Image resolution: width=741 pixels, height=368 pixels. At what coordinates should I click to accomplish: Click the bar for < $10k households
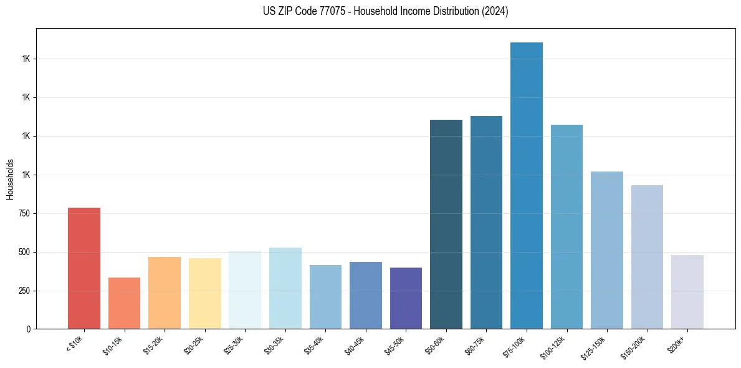pyautogui.click(x=84, y=268)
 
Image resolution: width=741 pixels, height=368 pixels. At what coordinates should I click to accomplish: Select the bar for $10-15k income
pyautogui.click(x=124, y=303)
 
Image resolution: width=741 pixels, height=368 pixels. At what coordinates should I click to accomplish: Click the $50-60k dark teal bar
pyautogui.click(x=446, y=225)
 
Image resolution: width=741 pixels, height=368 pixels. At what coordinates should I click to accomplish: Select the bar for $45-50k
pyautogui.click(x=406, y=298)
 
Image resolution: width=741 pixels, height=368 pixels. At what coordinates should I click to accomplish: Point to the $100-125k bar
pyautogui.click(x=567, y=227)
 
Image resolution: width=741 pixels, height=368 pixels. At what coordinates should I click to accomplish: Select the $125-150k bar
pyautogui.click(x=607, y=250)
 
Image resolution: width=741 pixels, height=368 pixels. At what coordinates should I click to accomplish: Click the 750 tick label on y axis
pyautogui.click(x=24, y=213)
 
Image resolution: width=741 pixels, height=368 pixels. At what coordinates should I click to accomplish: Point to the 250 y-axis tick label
pyautogui.click(x=24, y=291)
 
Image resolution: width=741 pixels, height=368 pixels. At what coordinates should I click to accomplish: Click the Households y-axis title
pyautogui.click(x=10, y=179)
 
